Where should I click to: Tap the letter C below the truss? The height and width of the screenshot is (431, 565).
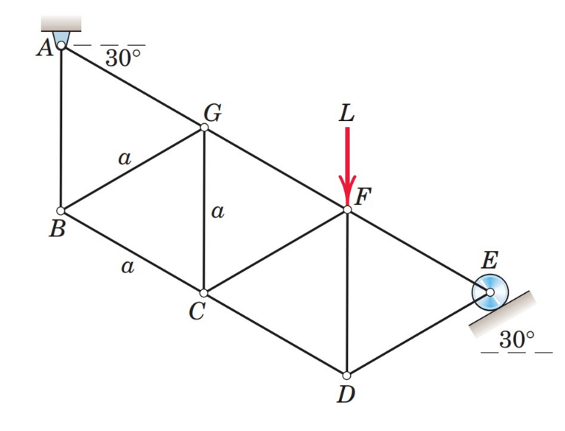(x=195, y=312)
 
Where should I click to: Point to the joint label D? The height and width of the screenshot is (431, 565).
(x=346, y=396)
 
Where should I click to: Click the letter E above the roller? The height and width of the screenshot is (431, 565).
(x=489, y=260)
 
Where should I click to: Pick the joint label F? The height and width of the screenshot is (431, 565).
(x=363, y=196)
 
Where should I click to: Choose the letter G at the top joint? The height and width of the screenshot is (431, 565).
(x=213, y=112)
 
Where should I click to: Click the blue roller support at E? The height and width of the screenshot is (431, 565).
(x=489, y=292)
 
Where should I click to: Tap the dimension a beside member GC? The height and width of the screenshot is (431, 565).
(x=216, y=213)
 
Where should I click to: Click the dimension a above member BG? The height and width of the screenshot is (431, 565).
(x=123, y=157)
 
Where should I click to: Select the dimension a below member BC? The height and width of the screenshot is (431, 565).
(x=127, y=267)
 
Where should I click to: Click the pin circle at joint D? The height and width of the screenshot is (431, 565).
(x=346, y=375)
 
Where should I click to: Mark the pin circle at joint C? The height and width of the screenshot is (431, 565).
(x=204, y=293)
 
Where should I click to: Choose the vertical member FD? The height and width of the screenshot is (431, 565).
(x=346, y=295)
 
